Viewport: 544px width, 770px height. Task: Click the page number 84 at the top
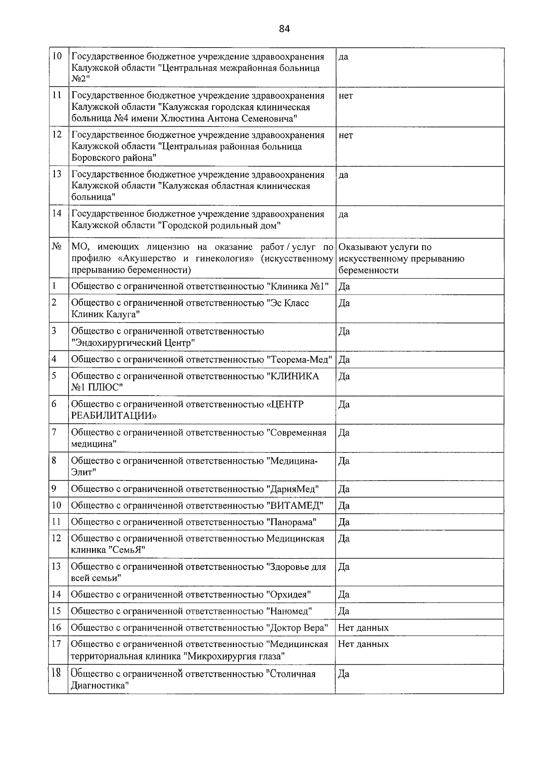(284, 29)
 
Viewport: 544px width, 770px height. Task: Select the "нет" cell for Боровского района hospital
(345, 135)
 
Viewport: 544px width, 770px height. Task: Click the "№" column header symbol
(57, 247)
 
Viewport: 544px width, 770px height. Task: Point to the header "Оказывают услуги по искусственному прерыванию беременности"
(401, 259)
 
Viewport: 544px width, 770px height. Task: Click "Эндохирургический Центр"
(133, 343)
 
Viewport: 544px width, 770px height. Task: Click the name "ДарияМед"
(292, 489)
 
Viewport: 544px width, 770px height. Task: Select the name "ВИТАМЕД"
(294, 505)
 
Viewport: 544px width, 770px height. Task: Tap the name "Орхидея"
(288, 594)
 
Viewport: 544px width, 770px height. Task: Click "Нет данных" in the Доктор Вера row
(363, 628)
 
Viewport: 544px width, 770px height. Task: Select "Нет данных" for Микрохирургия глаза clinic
(363, 644)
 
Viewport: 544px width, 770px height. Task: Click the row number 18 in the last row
(56, 673)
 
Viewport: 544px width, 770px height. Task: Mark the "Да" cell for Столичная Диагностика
(344, 674)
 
